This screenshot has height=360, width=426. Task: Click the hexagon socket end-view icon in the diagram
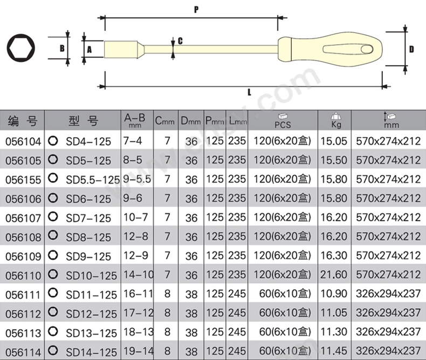tap(21, 48)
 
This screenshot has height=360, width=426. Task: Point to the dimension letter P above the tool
tap(196, 10)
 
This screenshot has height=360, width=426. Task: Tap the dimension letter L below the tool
tap(249, 92)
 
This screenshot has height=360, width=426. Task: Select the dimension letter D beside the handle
tap(412, 49)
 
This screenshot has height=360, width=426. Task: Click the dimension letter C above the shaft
tap(180, 41)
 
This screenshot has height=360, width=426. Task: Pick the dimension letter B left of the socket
tap(62, 49)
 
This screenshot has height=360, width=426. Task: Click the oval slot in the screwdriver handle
tap(348, 49)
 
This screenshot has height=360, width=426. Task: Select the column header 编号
tap(23, 120)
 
